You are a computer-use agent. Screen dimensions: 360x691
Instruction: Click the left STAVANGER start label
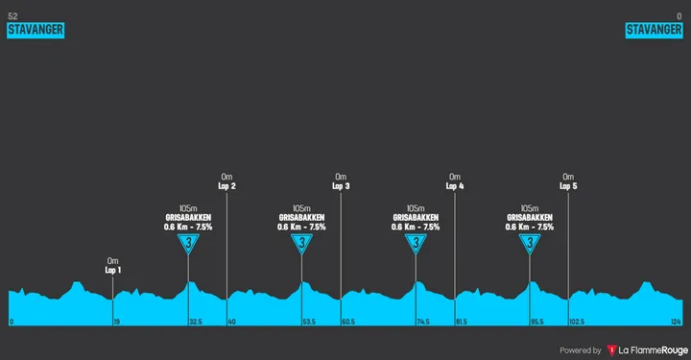coord(36,30)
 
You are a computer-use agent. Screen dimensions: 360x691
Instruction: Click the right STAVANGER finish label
coord(654,30)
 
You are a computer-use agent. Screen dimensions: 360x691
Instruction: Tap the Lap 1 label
coord(113,271)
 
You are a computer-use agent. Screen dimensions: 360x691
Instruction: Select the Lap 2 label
coord(226,186)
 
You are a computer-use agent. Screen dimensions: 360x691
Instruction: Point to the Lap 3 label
coord(341,186)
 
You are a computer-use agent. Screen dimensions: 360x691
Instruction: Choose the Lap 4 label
coord(455,186)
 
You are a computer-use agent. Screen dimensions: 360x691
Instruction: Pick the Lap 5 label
coord(568,186)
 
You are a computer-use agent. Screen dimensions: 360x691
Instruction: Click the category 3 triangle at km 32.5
coord(189,245)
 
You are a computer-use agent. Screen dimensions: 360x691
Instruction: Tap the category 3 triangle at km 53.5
coord(302,245)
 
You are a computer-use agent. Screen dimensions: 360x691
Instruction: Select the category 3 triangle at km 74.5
coord(417,245)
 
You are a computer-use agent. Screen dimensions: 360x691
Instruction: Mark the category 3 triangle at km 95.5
coord(530,245)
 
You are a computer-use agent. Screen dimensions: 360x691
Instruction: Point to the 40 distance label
coord(231,322)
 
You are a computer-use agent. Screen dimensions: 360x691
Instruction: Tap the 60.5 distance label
coord(348,322)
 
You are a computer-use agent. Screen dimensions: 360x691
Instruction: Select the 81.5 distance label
coord(462,322)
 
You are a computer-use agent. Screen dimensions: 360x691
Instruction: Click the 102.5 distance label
coord(577,322)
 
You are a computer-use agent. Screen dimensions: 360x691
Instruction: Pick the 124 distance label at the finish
coord(676,322)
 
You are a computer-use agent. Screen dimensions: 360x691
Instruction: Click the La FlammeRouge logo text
coord(653,349)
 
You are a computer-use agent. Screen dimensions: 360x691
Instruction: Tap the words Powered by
coord(581,350)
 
